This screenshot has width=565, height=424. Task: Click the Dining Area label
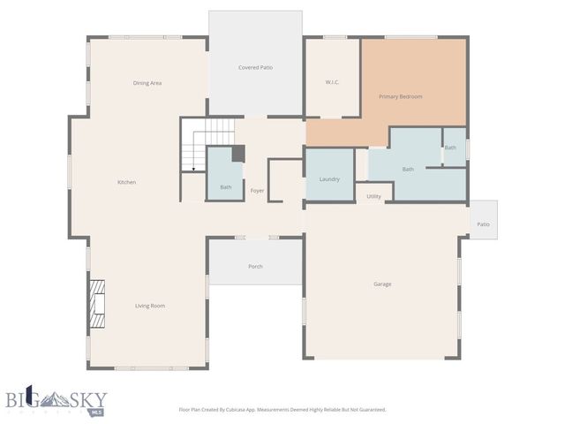pos(147,83)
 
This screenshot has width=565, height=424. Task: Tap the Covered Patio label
pos(255,67)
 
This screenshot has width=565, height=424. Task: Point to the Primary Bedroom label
pos(401,96)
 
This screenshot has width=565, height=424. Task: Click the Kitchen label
pos(126,182)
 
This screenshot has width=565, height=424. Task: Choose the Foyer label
pos(257,191)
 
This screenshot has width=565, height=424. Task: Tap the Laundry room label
pos(329,179)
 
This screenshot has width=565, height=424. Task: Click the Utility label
pos(373,196)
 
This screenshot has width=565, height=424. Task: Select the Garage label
pos(382,284)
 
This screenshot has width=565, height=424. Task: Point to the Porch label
pos(255,266)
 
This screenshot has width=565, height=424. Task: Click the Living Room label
pos(150,306)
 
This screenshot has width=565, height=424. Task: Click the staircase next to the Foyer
pos(208,144)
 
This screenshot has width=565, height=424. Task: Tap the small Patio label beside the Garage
pos(483,224)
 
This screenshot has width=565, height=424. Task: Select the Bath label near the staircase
pos(225,186)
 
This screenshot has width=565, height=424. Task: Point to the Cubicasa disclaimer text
pos(282,410)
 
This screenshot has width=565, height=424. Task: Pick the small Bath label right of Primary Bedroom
pos(450,148)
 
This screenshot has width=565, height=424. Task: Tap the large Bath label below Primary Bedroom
pos(408,169)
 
